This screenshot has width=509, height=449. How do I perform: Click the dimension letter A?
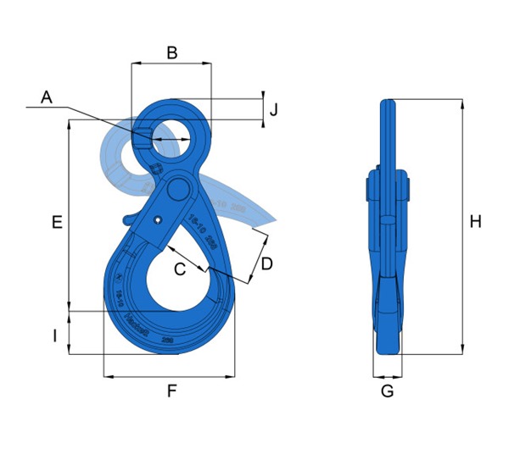coord(47,97)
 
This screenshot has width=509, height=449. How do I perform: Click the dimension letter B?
coord(171,53)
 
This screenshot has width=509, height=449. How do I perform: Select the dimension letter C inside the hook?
coord(180,270)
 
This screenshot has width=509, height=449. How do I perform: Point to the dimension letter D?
coord(266,263)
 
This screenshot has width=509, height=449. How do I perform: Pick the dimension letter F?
coord(171,391)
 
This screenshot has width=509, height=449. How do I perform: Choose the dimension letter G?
coord(387,391)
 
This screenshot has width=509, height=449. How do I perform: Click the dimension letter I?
coord(54,336)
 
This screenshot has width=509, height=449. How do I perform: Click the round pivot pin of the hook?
coord(179,188)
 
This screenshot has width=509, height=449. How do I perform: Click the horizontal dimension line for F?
coord(169,375)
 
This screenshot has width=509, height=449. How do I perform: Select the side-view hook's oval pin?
coord(387,221)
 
